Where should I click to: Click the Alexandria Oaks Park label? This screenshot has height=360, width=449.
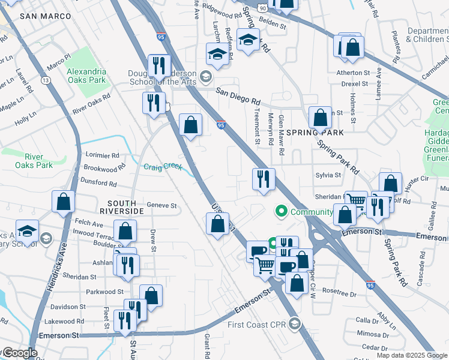[x=86, y=71]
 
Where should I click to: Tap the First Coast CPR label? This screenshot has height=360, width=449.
[x=259, y=325]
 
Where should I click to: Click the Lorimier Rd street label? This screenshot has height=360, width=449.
[x=103, y=154]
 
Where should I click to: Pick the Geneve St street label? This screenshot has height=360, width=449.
[x=161, y=205]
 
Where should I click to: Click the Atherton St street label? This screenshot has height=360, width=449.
[x=353, y=73]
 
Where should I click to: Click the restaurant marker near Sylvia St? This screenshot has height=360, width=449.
[x=263, y=179]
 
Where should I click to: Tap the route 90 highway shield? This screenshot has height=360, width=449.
[x=263, y=7]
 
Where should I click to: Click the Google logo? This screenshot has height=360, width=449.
[x=19, y=353]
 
